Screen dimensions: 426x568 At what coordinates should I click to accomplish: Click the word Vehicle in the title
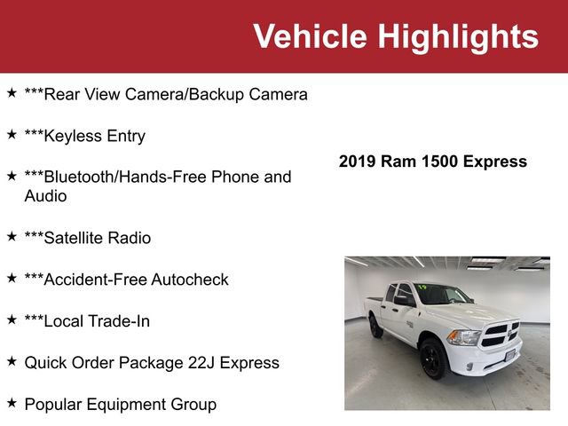tap(310, 37)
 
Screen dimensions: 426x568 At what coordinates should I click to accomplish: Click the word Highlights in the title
tap(458, 37)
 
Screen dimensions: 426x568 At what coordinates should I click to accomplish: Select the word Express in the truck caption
tap(494, 162)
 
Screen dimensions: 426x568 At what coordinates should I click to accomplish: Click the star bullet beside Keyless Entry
tap(12, 134)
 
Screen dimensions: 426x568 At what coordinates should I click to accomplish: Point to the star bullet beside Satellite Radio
tap(12, 236)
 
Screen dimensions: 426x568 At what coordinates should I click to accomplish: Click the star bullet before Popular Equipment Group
tap(12, 403)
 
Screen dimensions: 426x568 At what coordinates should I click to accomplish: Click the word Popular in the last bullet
tap(54, 405)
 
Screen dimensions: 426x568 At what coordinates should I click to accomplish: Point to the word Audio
tap(45, 196)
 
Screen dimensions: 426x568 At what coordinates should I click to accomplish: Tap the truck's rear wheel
tap(376, 326)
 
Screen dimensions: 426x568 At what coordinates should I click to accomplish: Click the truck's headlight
tap(463, 337)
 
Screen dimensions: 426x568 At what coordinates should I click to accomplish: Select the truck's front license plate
tap(510, 357)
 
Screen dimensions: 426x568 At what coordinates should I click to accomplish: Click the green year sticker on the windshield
tap(423, 287)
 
